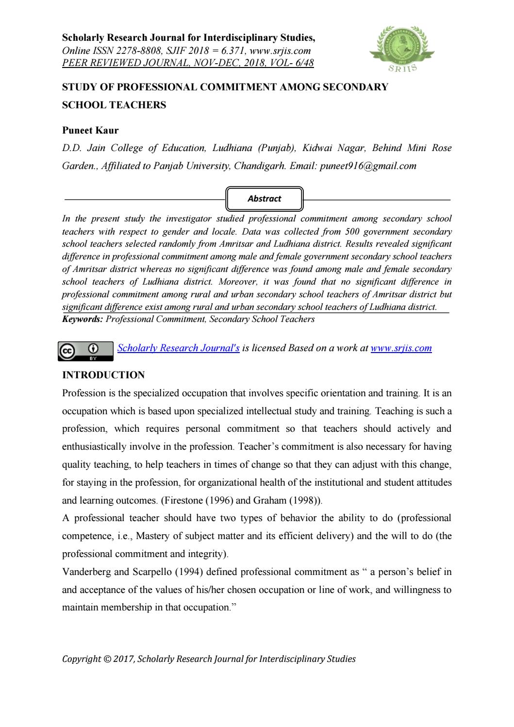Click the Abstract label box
click(x=265, y=199)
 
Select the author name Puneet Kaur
click(x=90, y=130)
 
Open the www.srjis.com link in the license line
click(x=401, y=348)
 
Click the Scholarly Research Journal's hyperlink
click(x=179, y=348)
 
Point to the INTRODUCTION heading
click(x=103, y=375)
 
